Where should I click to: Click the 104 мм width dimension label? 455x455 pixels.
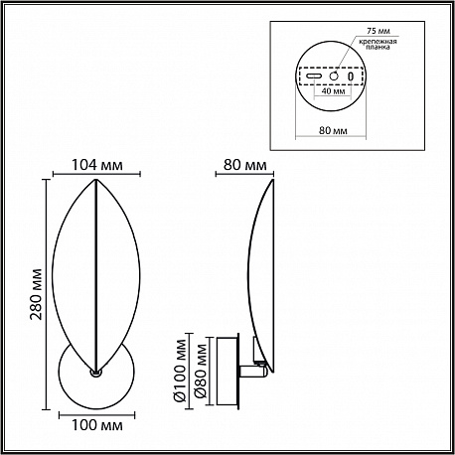click(97, 165)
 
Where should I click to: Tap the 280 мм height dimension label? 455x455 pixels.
click(37, 294)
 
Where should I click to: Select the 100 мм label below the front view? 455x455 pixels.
click(97, 425)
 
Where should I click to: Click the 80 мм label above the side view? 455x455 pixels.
click(244, 165)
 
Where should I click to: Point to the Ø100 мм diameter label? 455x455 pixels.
click(180, 371)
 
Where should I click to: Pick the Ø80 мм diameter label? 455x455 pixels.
click(201, 371)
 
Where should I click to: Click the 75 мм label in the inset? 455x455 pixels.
click(379, 31)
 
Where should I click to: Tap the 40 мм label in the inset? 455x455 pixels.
click(334, 90)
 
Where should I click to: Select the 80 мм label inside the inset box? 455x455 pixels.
click(333, 130)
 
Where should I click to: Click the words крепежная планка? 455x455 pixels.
click(379, 45)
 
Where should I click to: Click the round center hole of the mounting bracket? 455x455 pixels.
click(334, 76)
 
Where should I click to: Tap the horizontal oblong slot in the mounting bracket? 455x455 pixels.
click(314, 76)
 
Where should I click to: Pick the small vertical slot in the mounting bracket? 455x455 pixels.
click(351, 76)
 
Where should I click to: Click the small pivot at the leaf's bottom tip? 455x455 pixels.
click(96, 373)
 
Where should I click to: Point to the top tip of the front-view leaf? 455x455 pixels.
click(96, 180)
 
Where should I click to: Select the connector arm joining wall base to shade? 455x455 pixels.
click(253, 372)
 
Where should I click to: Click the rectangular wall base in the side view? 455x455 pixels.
click(227, 371)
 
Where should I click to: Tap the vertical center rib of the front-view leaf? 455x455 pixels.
click(96, 275)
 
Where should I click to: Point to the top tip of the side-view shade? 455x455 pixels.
click(273, 180)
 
